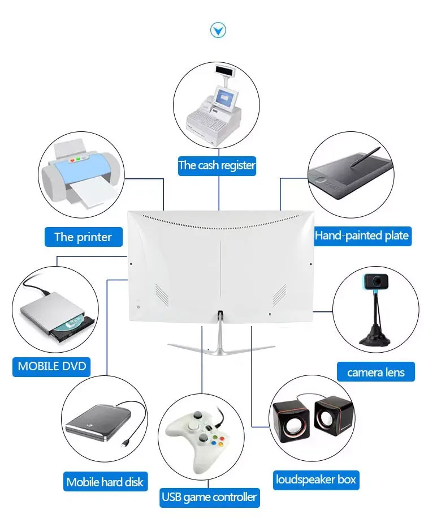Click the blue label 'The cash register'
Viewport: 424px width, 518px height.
[x=217, y=166]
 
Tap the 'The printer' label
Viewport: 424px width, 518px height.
[x=83, y=237]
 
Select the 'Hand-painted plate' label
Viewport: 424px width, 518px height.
[x=362, y=236]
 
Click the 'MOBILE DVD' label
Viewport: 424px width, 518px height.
[x=52, y=366]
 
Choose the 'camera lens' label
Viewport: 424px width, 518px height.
[x=376, y=372]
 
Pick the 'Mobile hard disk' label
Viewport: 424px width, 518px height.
[x=105, y=482]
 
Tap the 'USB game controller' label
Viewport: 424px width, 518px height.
[x=209, y=498]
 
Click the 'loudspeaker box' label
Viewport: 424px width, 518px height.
[x=316, y=480]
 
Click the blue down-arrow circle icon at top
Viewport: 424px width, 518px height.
[x=218, y=30]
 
